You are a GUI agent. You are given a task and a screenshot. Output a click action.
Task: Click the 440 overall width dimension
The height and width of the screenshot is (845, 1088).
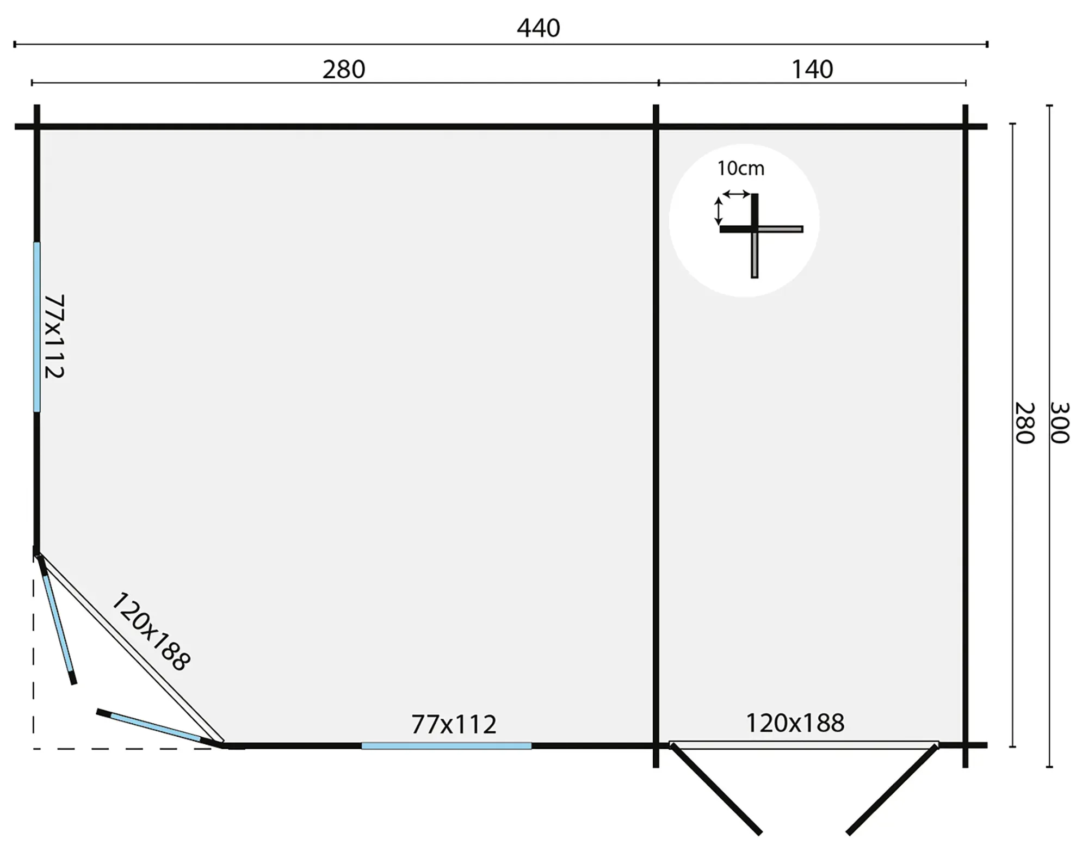[x=538, y=28]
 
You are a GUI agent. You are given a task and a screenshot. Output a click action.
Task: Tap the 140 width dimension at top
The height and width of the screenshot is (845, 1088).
[x=812, y=70]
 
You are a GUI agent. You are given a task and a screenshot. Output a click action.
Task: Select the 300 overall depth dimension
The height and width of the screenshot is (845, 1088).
[x=1059, y=423]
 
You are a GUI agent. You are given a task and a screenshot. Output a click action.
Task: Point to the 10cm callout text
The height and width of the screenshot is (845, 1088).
[x=740, y=169]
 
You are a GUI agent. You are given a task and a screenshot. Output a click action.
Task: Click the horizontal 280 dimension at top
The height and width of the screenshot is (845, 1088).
[x=344, y=70]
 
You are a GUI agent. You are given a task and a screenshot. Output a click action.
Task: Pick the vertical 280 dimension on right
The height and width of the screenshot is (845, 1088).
[x=1024, y=423]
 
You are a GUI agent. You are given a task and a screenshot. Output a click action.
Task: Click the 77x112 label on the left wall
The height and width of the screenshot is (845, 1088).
[x=54, y=336]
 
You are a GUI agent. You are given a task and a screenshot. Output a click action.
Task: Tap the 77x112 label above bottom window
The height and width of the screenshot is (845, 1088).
[x=454, y=724]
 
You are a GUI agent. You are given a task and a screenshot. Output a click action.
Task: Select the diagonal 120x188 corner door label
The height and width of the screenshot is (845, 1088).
[x=151, y=632]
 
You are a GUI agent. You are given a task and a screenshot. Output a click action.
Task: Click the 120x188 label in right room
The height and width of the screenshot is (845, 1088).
[x=795, y=723]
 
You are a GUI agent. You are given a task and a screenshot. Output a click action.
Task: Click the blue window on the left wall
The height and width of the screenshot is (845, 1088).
[x=37, y=326]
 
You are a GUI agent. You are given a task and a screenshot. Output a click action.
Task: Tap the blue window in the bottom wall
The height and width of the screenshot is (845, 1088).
[x=446, y=745]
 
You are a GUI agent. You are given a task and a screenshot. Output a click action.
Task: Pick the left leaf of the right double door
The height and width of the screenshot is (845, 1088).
[x=715, y=789]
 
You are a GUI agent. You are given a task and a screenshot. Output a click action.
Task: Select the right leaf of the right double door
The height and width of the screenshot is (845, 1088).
[x=892, y=789]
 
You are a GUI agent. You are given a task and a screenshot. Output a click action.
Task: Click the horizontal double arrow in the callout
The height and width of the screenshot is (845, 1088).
[x=736, y=194]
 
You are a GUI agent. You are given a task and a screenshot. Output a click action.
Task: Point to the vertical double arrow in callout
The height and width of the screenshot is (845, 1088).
[x=718, y=211]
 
